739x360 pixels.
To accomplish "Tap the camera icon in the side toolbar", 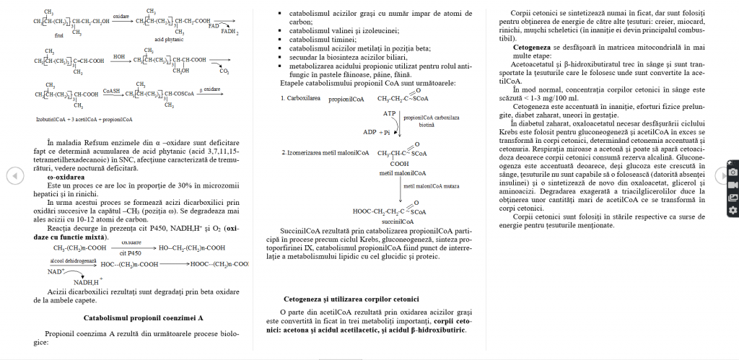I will coord(733,172).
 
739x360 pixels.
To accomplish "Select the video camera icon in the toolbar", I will coord(733,185).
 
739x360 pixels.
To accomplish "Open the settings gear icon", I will coord(733,210).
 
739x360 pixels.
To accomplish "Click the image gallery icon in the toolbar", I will coord(733,198).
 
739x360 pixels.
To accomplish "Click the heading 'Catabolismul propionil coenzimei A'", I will coord(144,317).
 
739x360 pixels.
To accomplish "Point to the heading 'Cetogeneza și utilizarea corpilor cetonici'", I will coord(351,299).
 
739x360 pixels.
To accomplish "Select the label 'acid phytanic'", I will coord(168,39).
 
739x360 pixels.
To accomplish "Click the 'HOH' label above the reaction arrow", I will coord(119,56).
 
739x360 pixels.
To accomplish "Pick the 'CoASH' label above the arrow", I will coord(111,91).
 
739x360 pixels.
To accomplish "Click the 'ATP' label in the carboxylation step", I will coord(390,113).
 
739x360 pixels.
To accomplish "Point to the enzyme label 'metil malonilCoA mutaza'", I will coord(432,185).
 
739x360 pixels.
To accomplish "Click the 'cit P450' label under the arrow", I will coord(131,253).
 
